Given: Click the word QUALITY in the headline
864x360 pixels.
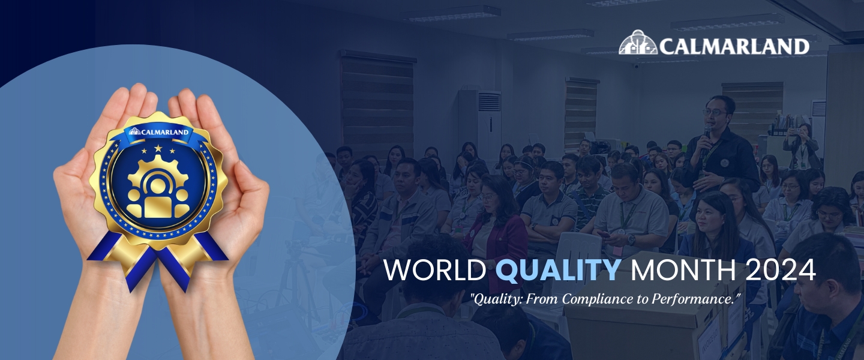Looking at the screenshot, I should [559, 271].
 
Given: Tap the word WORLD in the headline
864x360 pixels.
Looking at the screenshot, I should [435, 271].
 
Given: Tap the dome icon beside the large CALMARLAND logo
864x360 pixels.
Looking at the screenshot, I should [638, 43].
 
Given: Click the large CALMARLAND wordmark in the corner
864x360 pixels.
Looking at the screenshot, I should [733, 46].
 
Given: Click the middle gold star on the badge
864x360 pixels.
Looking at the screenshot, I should [158, 148].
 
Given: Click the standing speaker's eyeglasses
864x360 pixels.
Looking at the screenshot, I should [714, 112].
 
